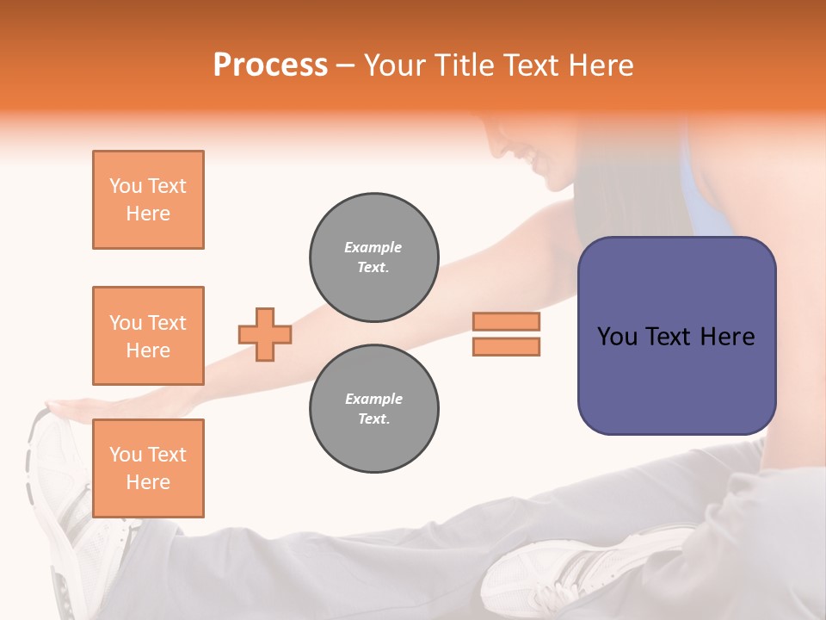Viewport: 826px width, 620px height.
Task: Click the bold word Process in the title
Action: pyautogui.click(x=270, y=65)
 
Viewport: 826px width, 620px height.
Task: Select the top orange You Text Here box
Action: pyautogui.click(x=148, y=200)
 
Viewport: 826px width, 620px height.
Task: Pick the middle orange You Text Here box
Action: pyautogui.click(x=148, y=336)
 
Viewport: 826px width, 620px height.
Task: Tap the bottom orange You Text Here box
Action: pyautogui.click(x=148, y=468)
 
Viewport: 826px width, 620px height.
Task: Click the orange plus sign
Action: pyautogui.click(x=265, y=334)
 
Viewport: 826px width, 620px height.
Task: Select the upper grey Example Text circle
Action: pyautogui.click(x=373, y=257)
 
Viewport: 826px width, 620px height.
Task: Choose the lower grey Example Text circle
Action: pyautogui.click(x=373, y=409)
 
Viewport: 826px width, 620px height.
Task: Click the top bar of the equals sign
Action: pyautogui.click(x=506, y=322)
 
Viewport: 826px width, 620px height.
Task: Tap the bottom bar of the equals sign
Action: pyautogui.click(x=506, y=346)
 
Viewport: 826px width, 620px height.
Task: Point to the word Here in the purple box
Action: pyautogui.click(x=727, y=337)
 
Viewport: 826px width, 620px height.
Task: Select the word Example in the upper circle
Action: pyautogui.click(x=373, y=247)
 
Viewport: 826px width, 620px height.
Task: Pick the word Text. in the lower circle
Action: pyautogui.click(x=373, y=419)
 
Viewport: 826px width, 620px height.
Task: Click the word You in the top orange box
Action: pyautogui.click(x=125, y=186)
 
